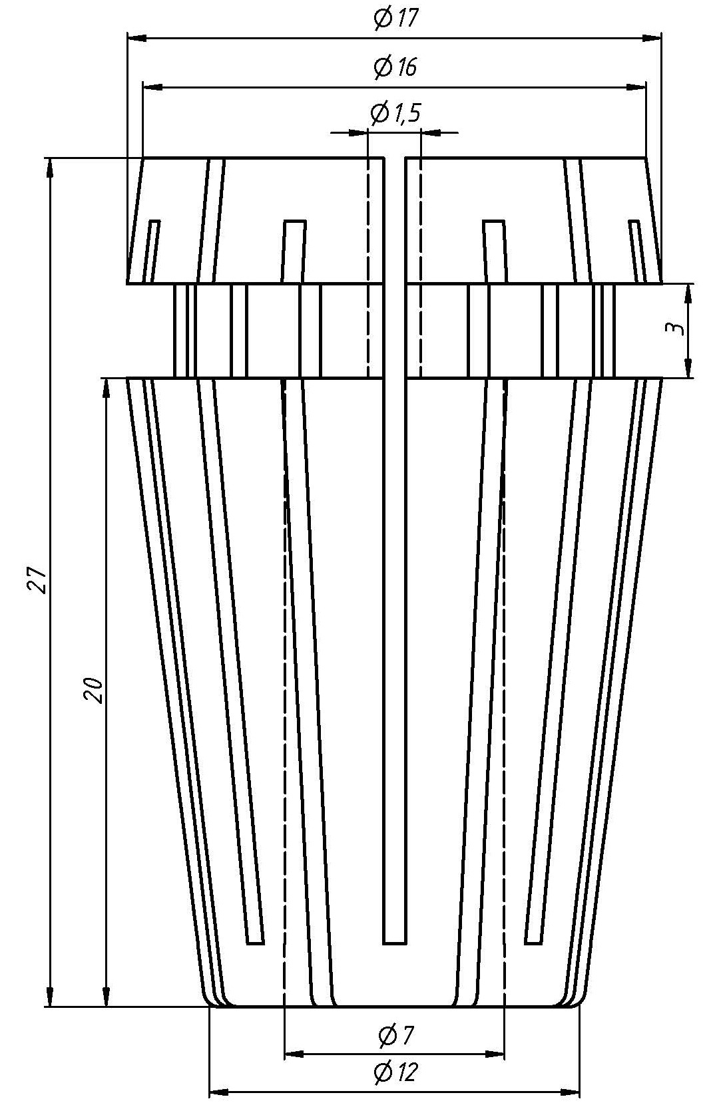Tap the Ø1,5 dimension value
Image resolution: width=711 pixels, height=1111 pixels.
pyautogui.click(x=395, y=114)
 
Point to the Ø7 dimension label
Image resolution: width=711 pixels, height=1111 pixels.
pyautogui.click(x=395, y=1035)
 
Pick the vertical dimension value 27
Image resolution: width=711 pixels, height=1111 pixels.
pyautogui.click(x=36, y=580)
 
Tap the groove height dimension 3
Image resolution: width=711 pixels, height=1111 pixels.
pyautogui.click(x=674, y=329)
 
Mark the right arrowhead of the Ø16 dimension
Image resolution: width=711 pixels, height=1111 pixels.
pyautogui.click(x=638, y=87)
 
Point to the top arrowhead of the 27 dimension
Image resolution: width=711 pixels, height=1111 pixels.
pyautogui.click(x=50, y=167)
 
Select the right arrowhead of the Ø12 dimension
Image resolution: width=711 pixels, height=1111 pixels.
pyautogui.click(x=571, y=1092)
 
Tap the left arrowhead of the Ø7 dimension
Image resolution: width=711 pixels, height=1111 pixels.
pyautogui.click(x=293, y=1054)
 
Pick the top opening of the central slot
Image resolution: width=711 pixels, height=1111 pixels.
pyautogui.click(x=395, y=160)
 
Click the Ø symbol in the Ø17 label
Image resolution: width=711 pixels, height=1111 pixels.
pyautogui.click(x=383, y=18)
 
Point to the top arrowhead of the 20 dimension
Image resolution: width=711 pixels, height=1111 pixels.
pyautogui.click(x=106, y=388)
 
